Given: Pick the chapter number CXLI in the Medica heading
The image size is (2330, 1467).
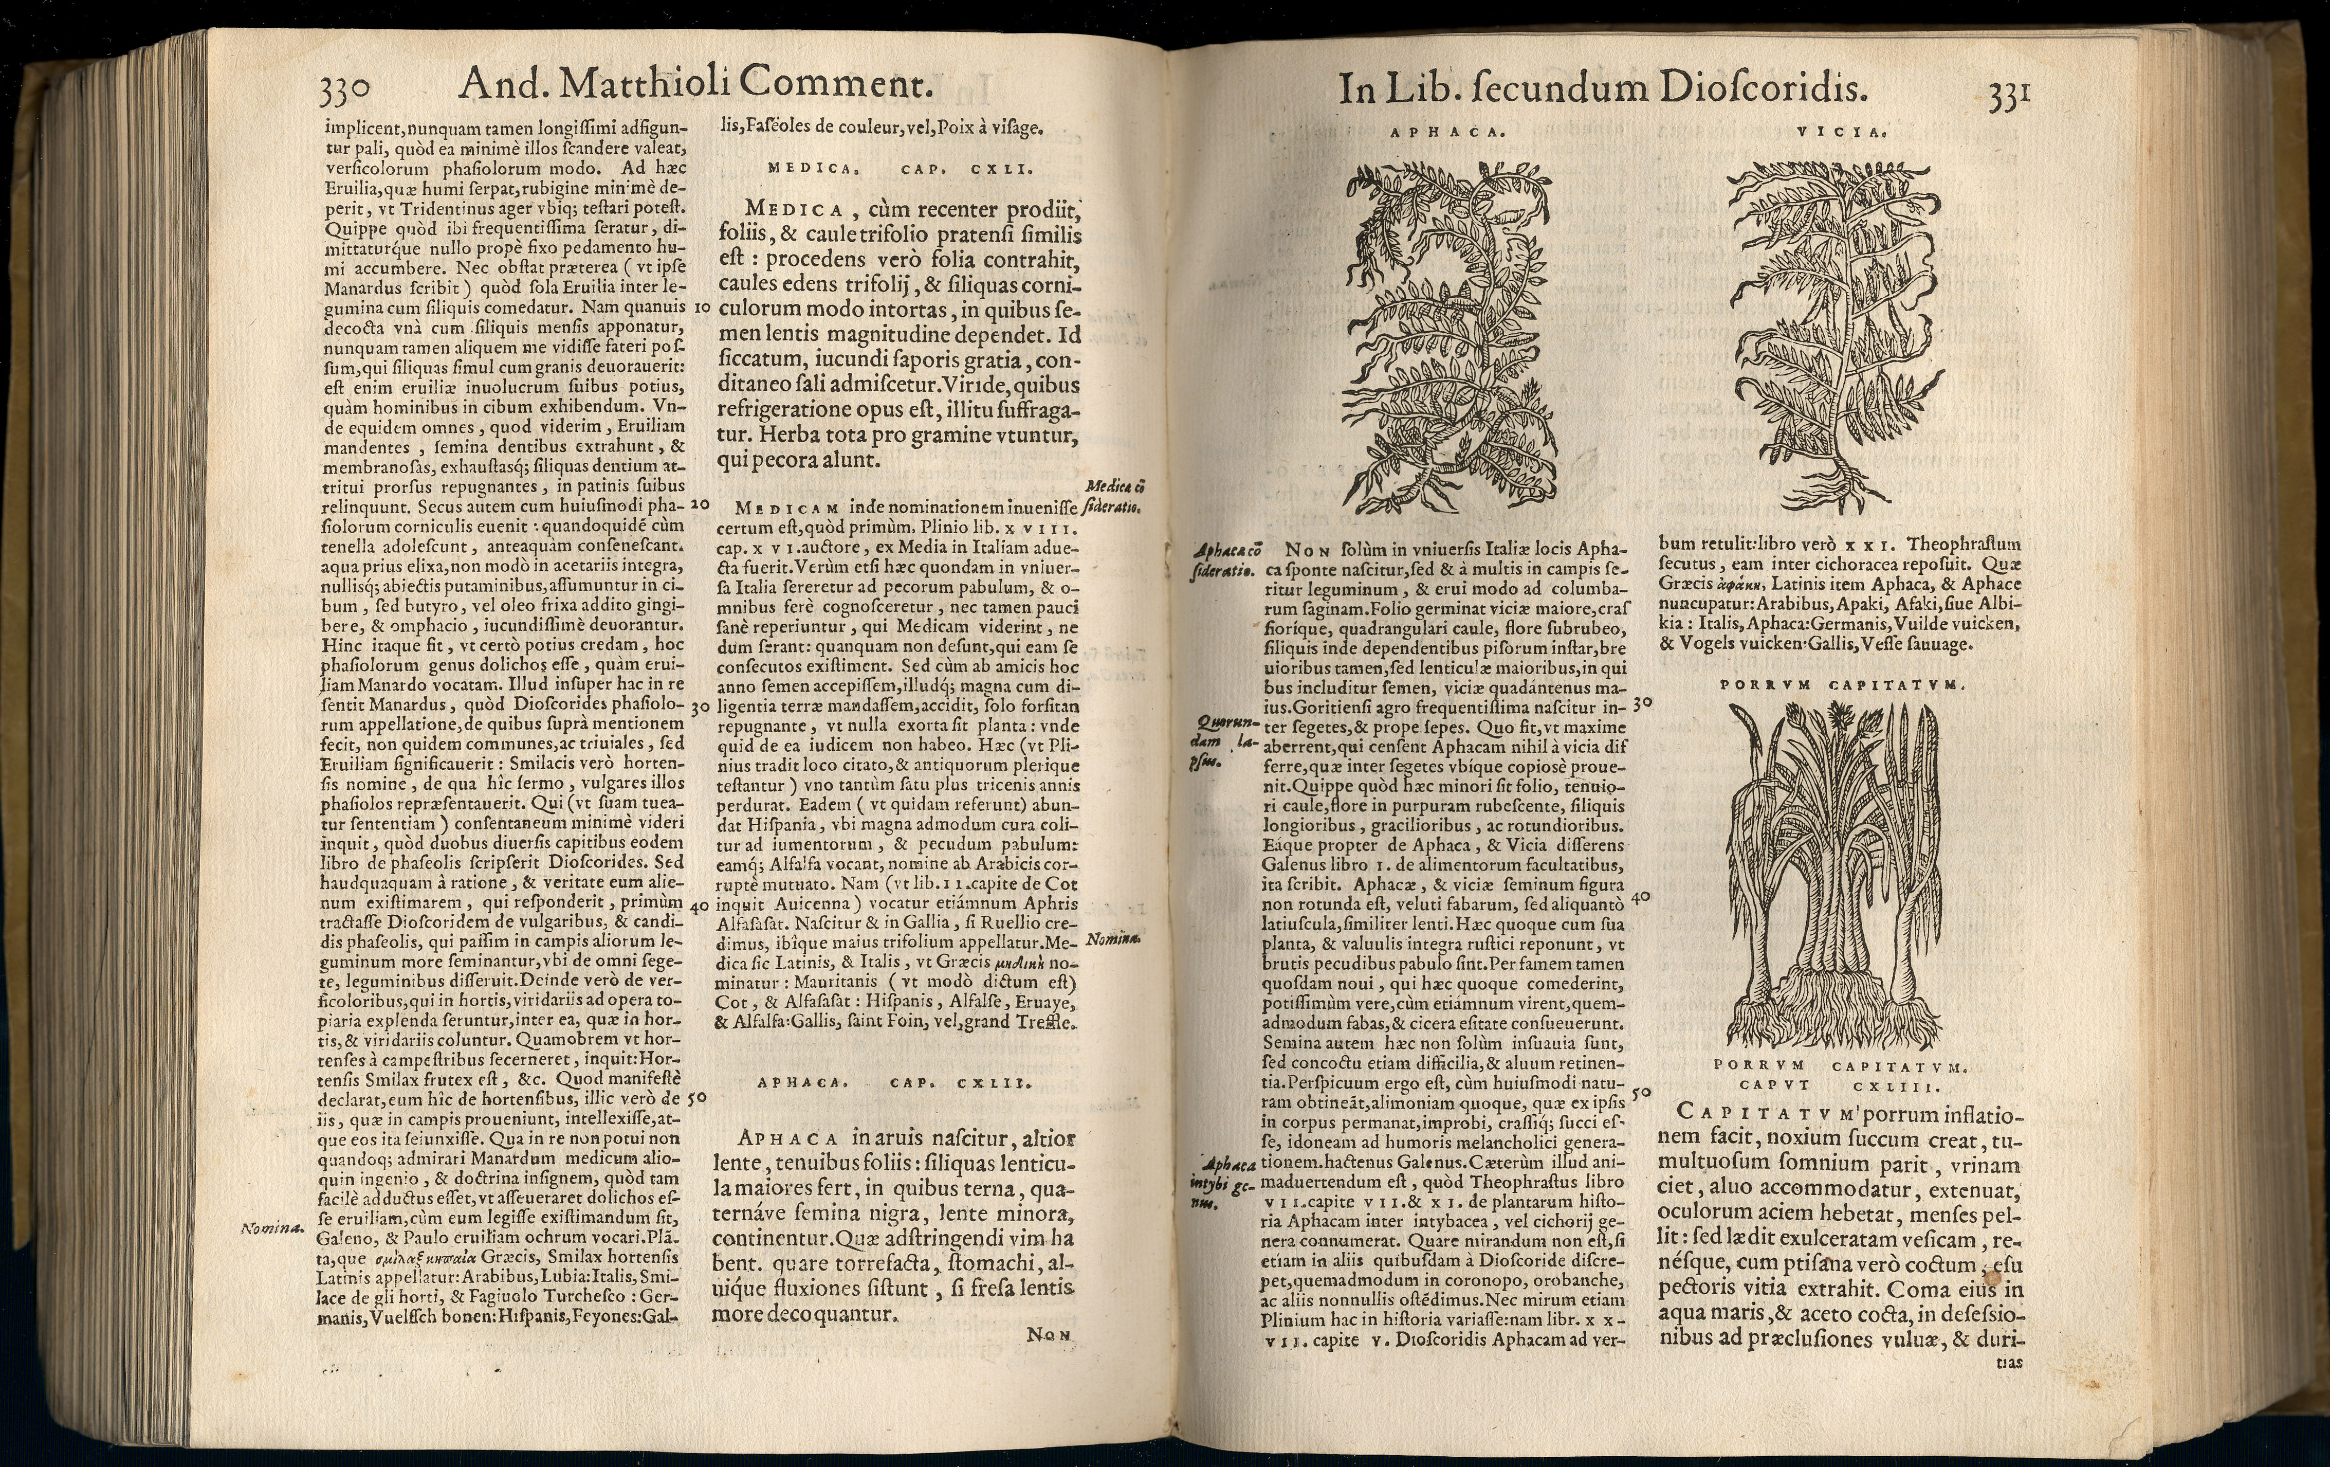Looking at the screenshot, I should click(x=1002, y=168).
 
